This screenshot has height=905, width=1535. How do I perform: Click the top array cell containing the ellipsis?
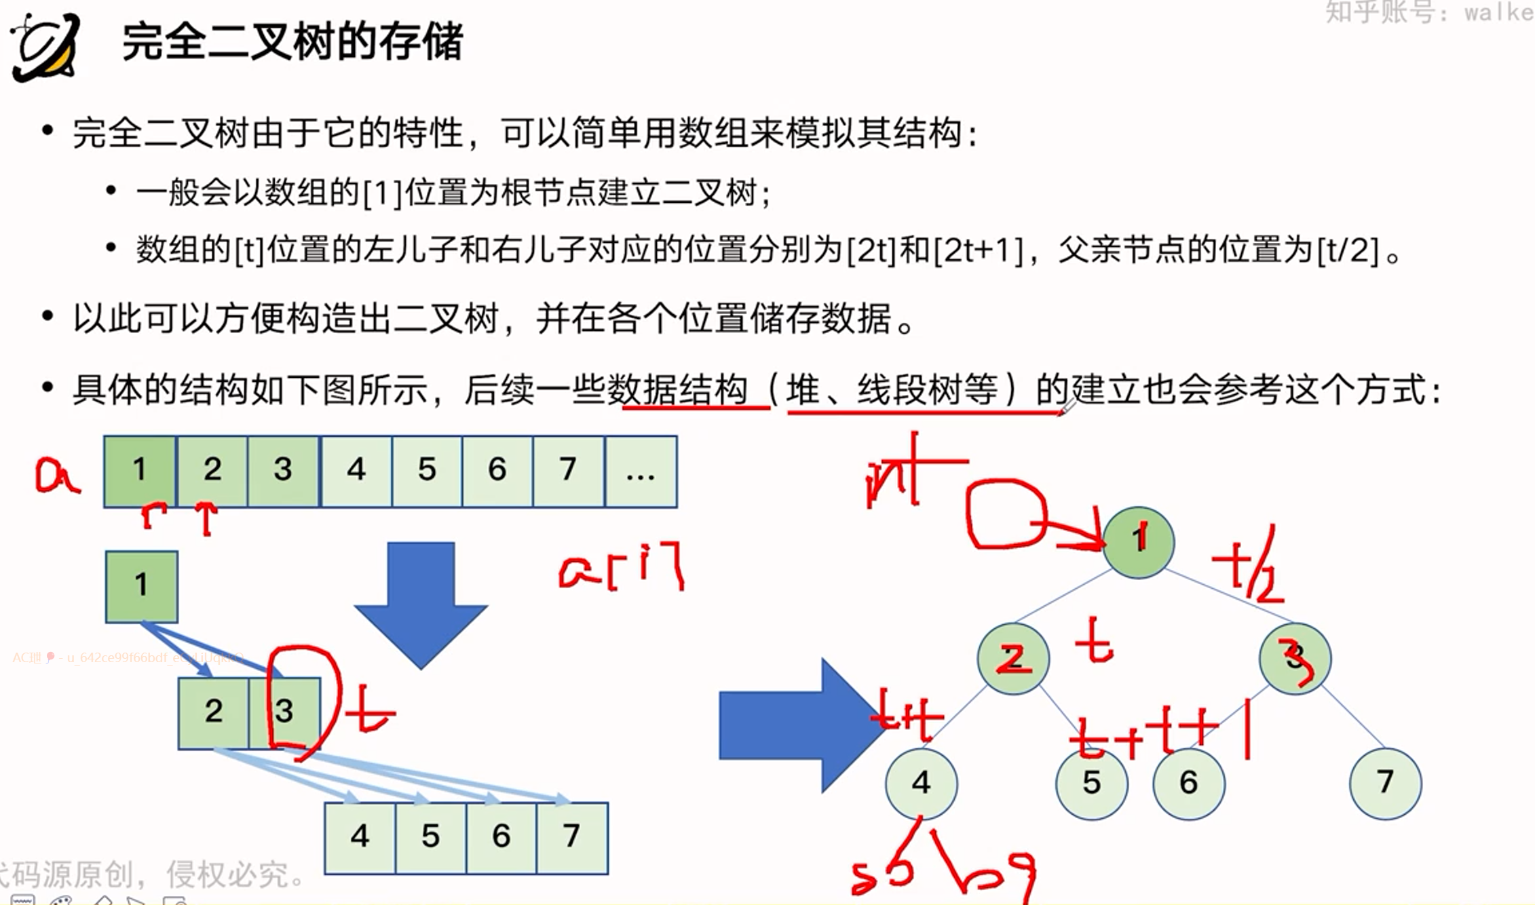tap(641, 471)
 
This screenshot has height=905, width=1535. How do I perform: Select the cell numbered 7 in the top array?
tap(568, 471)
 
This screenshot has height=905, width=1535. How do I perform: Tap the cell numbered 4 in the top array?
tap(356, 471)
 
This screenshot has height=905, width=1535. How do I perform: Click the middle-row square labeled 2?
tap(214, 713)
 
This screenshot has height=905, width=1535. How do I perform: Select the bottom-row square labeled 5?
tap(430, 838)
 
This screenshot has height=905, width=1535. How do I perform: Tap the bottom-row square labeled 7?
tap(572, 838)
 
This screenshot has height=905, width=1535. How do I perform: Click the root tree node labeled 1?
tap(1138, 542)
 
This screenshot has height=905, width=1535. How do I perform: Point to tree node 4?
tap(921, 784)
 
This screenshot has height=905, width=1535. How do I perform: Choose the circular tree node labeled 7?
tap(1385, 784)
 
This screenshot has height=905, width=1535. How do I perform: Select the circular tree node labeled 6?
tap(1188, 784)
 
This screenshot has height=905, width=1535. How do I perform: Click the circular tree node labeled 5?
tap(1091, 784)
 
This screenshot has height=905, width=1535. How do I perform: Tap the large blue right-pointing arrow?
tap(801, 725)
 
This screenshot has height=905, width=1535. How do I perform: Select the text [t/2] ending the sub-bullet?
tap(1348, 250)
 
